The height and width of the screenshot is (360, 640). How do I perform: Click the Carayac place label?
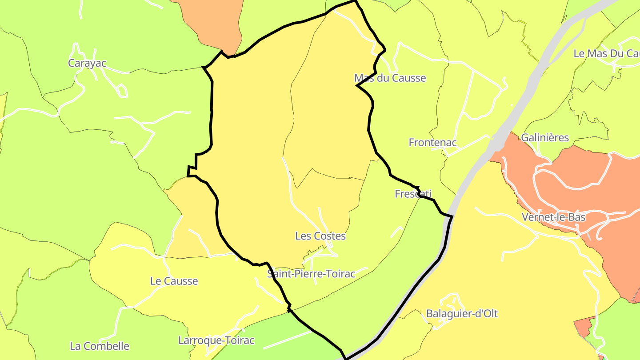[x=87, y=63]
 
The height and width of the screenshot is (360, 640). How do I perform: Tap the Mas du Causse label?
[x=390, y=78]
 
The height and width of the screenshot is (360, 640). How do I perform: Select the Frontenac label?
[x=432, y=143]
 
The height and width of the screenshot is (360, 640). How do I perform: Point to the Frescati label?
[x=413, y=194]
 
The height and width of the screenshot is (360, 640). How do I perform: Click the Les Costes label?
[x=320, y=236]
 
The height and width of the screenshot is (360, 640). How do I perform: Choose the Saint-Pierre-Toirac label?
[x=311, y=274]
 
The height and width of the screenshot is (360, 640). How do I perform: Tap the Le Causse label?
[x=174, y=281]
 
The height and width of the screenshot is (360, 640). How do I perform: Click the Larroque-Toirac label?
[x=216, y=340]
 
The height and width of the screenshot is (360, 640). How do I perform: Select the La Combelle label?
[x=100, y=346]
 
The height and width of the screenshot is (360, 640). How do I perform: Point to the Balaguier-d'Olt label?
[x=462, y=313]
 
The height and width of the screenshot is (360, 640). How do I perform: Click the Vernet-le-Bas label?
[x=553, y=217]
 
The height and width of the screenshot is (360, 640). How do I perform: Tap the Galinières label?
[x=545, y=138]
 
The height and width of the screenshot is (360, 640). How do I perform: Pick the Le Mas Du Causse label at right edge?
[x=606, y=54]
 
